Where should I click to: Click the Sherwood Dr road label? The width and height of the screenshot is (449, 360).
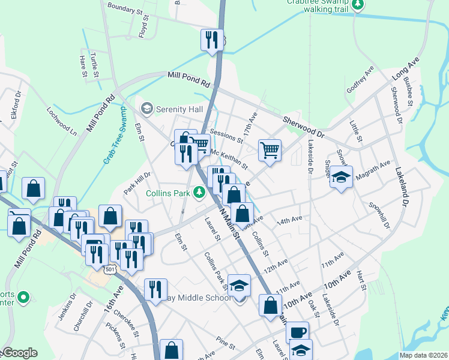pyautogui.click(x=303, y=125)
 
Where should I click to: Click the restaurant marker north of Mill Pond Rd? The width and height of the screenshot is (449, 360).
pyautogui.click(x=211, y=40)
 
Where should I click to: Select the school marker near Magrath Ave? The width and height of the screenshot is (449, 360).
pyautogui.click(x=342, y=178)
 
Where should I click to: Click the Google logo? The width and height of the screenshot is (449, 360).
pyautogui.click(x=19, y=353)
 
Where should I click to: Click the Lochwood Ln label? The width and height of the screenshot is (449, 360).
pyautogui.click(x=62, y=121)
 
